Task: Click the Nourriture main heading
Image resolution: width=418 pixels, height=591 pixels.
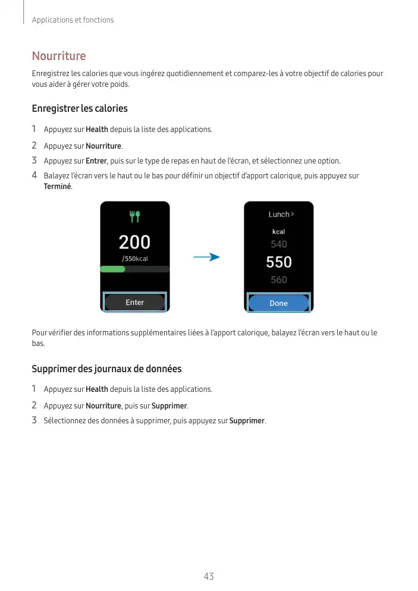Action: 59,56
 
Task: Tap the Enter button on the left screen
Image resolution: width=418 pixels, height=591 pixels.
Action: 135,303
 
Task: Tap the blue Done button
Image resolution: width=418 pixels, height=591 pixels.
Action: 278,303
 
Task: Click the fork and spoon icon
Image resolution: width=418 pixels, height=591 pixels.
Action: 135,216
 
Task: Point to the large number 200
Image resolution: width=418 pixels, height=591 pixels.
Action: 135,243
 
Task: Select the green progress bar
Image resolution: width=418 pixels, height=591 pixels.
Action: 113,269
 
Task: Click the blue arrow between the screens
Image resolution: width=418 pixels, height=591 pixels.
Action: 206,257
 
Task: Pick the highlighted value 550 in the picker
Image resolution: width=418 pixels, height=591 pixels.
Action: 278,262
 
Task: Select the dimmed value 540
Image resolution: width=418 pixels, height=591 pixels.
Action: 278,244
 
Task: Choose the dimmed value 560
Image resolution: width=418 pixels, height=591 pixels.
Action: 278,280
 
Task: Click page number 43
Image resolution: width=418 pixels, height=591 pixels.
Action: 209,576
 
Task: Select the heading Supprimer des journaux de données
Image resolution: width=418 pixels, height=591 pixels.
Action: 106,369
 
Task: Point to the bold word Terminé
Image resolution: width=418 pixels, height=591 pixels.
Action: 58,187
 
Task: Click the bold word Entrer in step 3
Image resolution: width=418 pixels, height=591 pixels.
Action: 96,161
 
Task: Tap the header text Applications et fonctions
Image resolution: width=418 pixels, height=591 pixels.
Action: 73,20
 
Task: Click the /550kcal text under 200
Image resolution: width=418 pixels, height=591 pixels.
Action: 135,259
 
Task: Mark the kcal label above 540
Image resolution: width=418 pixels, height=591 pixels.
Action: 278,231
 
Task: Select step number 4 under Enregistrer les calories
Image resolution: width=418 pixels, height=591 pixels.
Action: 34,175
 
